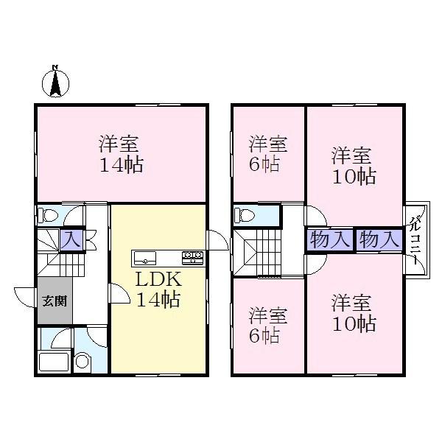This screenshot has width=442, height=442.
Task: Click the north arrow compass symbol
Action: coord(55,81)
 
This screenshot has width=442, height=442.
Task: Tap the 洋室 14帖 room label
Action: coord(121,153)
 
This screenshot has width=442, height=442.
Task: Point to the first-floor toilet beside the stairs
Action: coord(49,216)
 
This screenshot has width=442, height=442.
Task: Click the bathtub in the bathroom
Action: coord(54,363)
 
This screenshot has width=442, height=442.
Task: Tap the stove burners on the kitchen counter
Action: coord(193,257)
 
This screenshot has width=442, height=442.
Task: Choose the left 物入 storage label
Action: coord(329,239)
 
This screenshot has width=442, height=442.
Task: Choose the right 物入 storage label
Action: coord(379,239)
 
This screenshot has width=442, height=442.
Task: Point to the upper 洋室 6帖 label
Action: coord(268,153)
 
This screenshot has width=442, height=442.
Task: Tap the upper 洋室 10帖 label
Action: coord(353,166)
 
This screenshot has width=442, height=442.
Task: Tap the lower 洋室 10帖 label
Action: coord(353,312)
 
